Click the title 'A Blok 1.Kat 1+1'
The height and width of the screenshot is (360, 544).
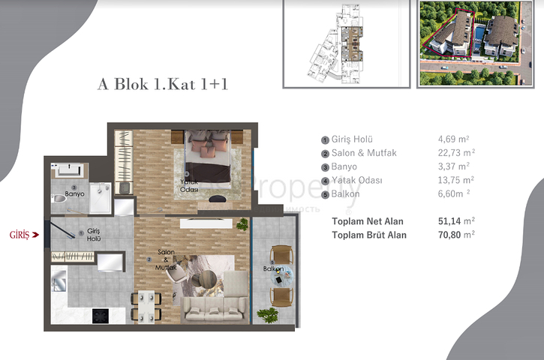click(x=162, y=83)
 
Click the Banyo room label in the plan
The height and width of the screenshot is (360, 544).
click(x=74, y=193)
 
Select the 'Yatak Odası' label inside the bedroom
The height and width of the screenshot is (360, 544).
click(x=188, y=185)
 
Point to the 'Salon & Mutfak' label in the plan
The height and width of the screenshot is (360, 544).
click(x=167, y=259)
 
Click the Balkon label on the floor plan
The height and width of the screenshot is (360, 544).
click(x=273, y=268)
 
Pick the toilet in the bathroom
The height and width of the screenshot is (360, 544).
click(x=60, y=199)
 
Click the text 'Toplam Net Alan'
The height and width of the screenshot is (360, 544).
click(x=368, y=221)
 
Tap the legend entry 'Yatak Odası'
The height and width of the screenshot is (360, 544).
click(x=356, y=181)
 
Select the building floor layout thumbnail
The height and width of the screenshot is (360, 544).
click(x=346, y=43)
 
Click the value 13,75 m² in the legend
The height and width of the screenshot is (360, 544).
click(x=456, y=181)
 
